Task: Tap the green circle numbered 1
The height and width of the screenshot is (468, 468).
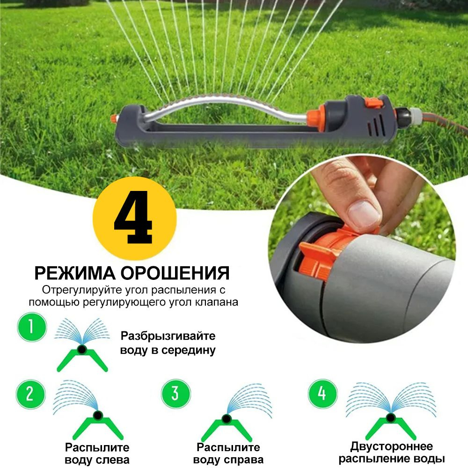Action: pyautogui.click(x=32, y=327)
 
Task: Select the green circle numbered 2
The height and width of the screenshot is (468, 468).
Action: pyautogui.click(x=30, y=394)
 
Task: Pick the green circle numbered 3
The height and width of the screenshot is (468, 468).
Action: pyautogui.click(x=176, y=394)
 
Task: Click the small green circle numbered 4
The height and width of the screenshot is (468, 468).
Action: pyautogui.click(x=322, y=394)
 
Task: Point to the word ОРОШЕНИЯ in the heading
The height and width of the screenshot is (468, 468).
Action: pyautogui.click(x=175, y=273)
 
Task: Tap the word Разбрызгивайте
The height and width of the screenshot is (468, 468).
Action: pyautogui.click(x=168, y=336)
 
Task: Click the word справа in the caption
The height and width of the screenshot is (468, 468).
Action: pyautogui.click(x=244, y=460)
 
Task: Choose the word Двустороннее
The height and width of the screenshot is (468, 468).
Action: pyautogui.click(x=391, y=446)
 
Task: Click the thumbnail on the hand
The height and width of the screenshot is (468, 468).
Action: pyautogui.click(x=364, y=213)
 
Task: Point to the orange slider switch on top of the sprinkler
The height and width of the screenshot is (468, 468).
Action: pyautogui.click(x=373, y=102)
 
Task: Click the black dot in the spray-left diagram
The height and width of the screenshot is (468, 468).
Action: pyautogui.click(x=98, y=416)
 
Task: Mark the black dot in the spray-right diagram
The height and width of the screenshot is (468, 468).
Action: pyautogui.click(x=226, y=418)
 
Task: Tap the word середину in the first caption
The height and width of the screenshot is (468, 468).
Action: pyautogui.click(x=188, y=350)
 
